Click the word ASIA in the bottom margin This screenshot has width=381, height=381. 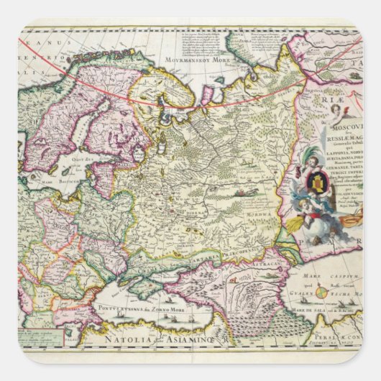[175, 334]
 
